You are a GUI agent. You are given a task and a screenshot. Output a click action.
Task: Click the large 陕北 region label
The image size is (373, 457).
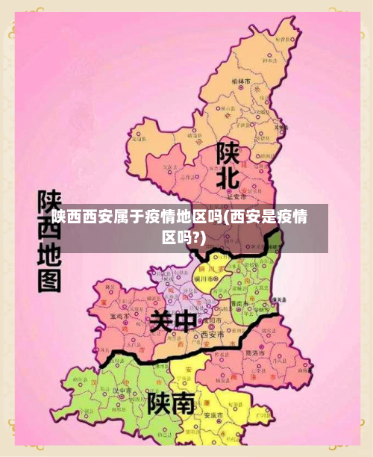228,167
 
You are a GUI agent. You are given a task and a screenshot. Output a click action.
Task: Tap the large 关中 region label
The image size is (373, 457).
172,322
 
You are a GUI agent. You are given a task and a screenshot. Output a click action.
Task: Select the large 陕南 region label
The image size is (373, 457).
171,404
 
